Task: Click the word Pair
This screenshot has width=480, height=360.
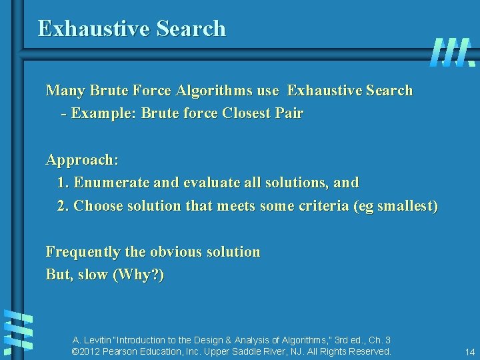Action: pyautogui.click(x=288, y=114)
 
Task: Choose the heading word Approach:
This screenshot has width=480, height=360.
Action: pyautogui.click(x=82, y=161)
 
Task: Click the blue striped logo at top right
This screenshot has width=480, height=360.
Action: pyautogui.click(x=452, y=52)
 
